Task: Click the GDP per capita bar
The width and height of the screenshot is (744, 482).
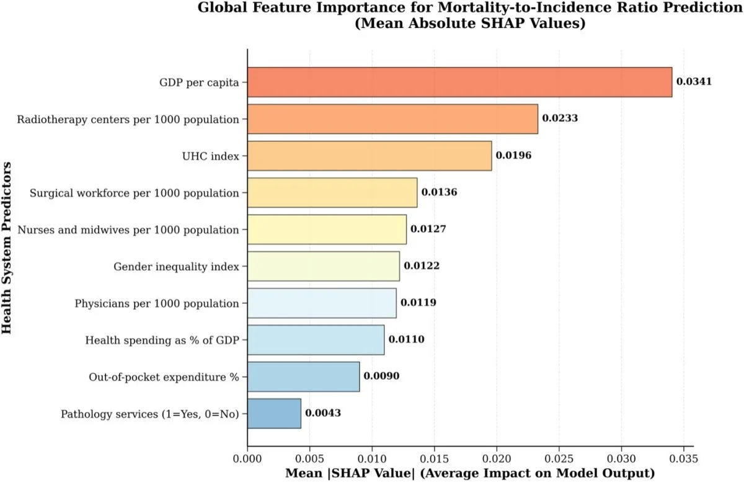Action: [x=459, y=82]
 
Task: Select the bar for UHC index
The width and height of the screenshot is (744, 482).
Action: [x=370, y=156]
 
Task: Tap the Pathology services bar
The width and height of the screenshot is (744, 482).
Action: [x=274, y=414]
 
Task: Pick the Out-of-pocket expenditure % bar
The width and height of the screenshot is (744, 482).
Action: [x=303, y=377]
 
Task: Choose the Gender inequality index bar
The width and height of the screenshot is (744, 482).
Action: [x=323, y=266]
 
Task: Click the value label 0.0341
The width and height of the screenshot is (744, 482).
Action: [x=694, y=82]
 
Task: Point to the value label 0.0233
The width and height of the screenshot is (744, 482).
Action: [x=560, y=118]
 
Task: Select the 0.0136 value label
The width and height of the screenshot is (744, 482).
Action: [x=440, y=192]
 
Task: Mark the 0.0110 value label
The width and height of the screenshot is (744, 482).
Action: [x=406, y=340]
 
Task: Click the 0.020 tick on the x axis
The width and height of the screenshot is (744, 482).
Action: [x=497, y=459]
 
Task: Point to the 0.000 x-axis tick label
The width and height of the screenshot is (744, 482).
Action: [x=247, y=459]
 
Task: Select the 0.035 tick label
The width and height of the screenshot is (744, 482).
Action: [x=684, y=459]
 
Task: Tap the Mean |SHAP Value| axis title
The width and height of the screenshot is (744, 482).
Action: [x=470, y=473]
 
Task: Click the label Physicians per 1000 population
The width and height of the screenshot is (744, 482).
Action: [x=157, y=303]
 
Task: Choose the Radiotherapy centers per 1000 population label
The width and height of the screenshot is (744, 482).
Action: [x=128, y=119]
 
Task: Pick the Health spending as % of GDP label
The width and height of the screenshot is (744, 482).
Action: [x=162, y=340]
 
